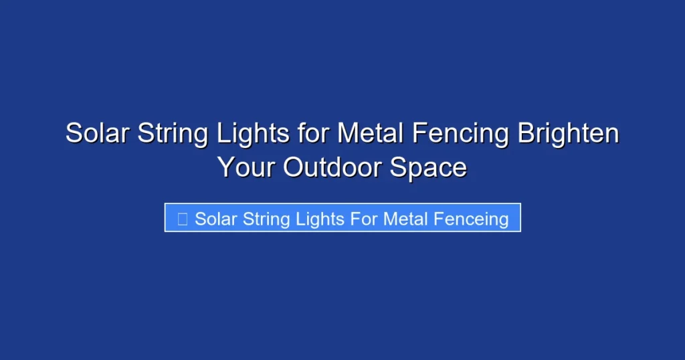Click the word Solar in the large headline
98,134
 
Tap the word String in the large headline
173,134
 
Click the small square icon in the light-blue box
182,218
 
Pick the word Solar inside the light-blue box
214,219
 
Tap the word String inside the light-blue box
262,219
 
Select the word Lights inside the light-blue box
312,219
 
